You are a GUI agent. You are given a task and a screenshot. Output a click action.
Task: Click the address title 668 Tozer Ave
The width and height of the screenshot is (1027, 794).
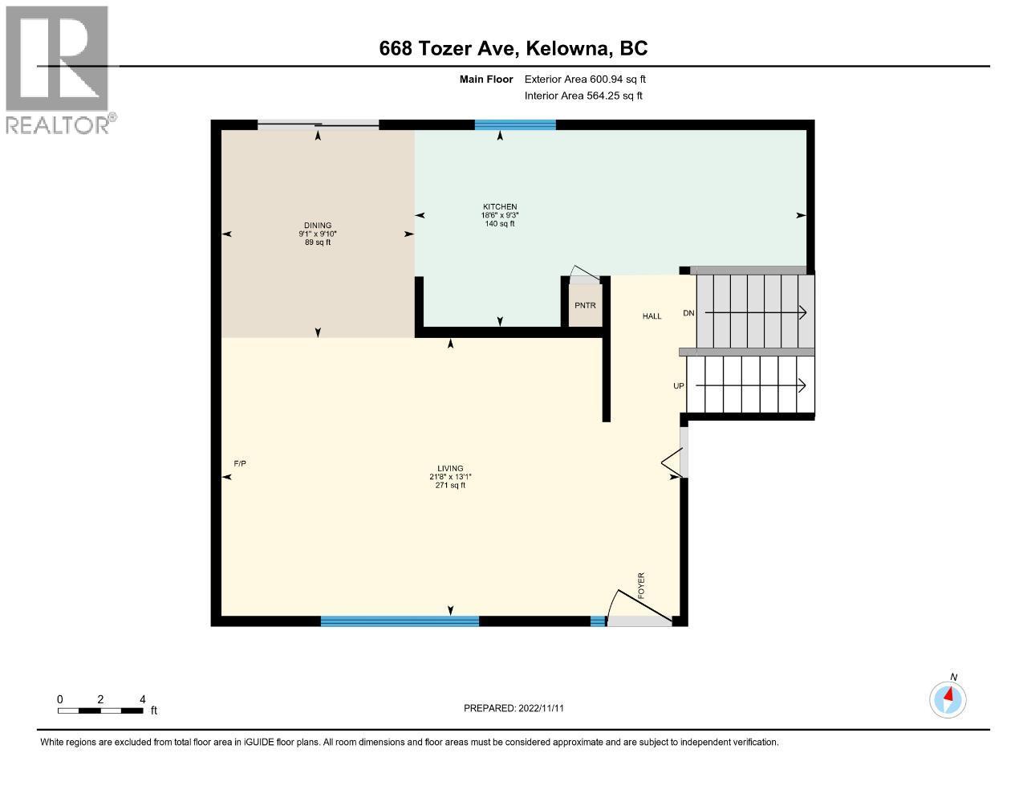pos(513,48)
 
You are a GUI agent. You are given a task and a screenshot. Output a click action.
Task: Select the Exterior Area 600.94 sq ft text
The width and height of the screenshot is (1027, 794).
pos(585,79)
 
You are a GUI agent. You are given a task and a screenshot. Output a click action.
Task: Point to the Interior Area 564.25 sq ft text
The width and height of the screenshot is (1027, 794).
pos(583,96)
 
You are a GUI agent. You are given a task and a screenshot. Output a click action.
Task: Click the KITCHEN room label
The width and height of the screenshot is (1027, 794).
pos(498,206)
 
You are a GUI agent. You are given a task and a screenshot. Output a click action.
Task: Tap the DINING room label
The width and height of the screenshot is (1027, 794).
pos(317,226)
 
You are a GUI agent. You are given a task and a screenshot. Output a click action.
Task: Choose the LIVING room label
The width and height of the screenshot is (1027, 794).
pos(449,469)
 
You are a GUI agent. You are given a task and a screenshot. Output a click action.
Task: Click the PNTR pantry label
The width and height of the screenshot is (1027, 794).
pos(585,306)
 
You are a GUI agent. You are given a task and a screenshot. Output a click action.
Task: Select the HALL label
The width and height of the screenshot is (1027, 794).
pos(652,316)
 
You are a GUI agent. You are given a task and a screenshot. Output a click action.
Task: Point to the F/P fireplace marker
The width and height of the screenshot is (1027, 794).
pos(239,464)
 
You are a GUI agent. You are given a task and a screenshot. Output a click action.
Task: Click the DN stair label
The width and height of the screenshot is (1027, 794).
pos(688,313)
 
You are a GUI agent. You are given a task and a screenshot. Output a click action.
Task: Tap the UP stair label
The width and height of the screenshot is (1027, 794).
pos(679,386)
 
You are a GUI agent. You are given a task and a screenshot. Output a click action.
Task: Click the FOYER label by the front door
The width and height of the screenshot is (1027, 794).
pos(641,586)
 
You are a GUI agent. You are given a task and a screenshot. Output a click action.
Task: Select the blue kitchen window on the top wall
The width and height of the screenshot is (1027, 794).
pos(514,124)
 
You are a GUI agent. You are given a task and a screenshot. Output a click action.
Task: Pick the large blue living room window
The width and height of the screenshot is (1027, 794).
pos(400,621)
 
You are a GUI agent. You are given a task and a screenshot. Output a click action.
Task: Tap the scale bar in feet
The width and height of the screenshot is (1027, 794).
pos(100,710)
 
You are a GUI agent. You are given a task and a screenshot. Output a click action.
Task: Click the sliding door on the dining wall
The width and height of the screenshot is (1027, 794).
pos(318,124)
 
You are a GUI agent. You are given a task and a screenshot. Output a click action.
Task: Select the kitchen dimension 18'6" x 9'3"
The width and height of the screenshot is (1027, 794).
pos(498,215)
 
